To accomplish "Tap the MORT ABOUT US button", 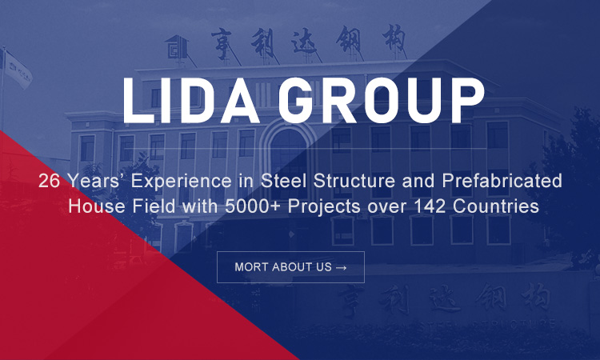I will (x=290, y=267).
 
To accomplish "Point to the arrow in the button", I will (x=341, y=267).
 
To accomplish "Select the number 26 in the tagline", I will (x=49, y=181).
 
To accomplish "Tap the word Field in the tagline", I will (x=150, y=206).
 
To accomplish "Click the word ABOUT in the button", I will (x=290, y=267).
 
